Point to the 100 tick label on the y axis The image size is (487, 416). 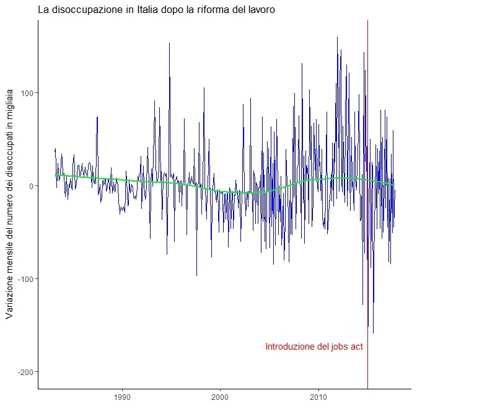pyautogui.click(x=25, y=93)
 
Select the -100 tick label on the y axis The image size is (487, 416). pyautogui.click(x=24, y=279)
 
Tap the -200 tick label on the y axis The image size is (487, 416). pyautogui.click(x=24, y=371)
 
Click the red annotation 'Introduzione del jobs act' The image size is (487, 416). pyautogui.click(x=314, y=347)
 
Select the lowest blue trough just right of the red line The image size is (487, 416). pyautogui.click(x=373, y=333)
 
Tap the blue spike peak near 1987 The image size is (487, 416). pyautogui.click(x=97, y=117)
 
